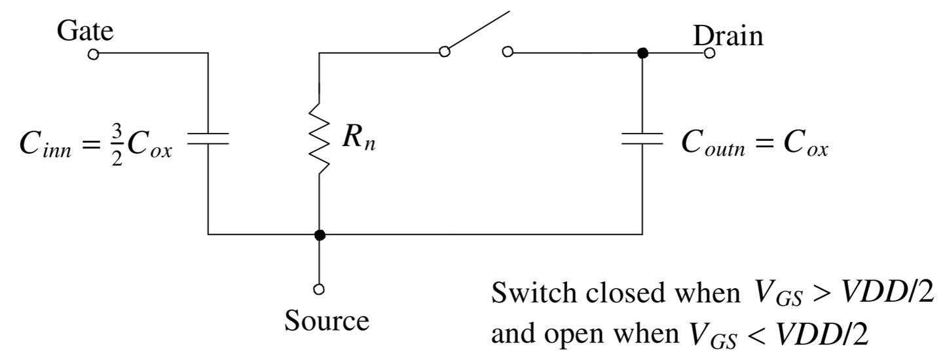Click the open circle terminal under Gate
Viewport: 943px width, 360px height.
click(94, 54)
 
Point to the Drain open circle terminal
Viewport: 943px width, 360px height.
click(709, 54)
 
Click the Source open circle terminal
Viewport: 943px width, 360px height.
click(319, 288)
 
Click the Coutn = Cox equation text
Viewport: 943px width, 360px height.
click(755, 147)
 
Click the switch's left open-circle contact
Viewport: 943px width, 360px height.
click(445, 52)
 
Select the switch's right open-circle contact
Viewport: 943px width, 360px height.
click(506, 53)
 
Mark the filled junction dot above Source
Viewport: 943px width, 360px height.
click(319, 234)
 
